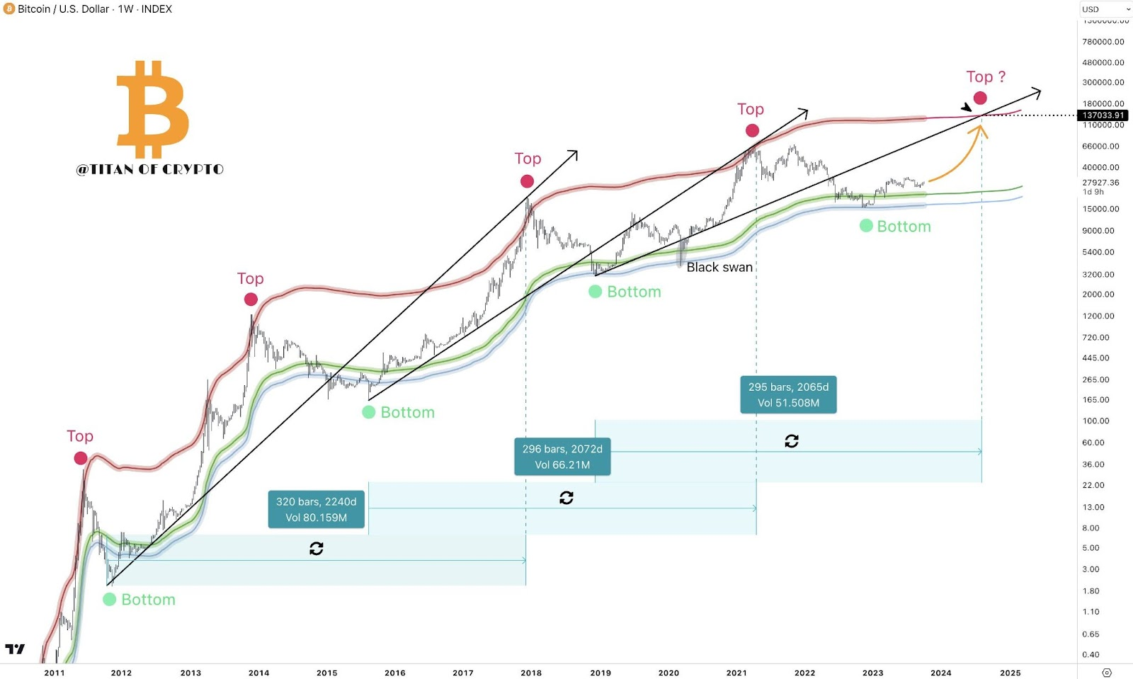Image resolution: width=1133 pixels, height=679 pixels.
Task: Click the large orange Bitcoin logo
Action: click(x=152, y=109)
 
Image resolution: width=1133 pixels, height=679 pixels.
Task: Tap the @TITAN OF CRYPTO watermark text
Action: click(x=149, y=169)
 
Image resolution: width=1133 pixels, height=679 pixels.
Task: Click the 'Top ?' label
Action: click(x=986, y=76)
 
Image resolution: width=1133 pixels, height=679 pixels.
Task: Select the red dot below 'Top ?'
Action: click(x=980, y=98)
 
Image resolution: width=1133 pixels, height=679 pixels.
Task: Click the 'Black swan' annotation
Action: click(x=719, y=267)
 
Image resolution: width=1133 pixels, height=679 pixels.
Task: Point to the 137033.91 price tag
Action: click(x=1103, y=115)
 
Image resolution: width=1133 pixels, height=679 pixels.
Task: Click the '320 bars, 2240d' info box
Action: click(x=317, y=509)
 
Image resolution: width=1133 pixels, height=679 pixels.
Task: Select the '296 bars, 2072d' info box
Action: click(x=562, y=457)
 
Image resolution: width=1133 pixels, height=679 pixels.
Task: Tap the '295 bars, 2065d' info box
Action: click(x=788, y=394)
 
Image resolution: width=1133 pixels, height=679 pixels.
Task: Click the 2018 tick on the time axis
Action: click(x=531, y=673)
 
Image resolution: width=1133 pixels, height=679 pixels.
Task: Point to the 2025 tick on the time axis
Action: click(x=1010, y=673)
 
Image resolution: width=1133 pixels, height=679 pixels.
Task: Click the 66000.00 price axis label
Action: click(x=1100, y=146)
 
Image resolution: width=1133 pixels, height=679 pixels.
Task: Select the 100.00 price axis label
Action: click(x=1095, y=421)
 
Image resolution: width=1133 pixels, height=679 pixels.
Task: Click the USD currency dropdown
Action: click(x=1105, y=9)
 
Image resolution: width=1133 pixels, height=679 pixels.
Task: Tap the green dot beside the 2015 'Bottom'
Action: click(x=369, y=412)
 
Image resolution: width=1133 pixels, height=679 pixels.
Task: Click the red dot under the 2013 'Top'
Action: click(x=251, y=299)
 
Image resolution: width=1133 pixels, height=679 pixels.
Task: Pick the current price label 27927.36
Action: click(x=1100, y=182)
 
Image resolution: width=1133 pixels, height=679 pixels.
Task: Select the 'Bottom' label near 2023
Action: click(x=904, y=227)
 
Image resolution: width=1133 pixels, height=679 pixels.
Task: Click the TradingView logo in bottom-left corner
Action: click(x=15, y=649)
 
